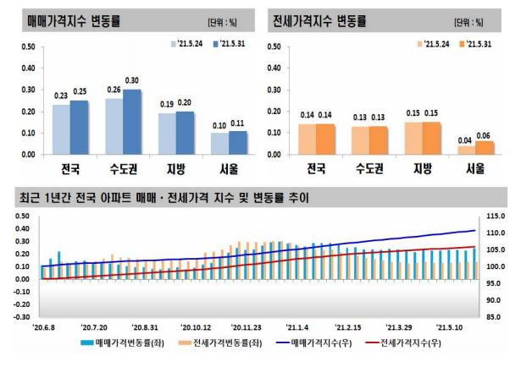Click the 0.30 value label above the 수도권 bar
[131, 80]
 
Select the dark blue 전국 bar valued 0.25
[79, 128]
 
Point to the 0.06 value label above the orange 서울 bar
[484, 133]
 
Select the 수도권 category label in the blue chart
[124, 167]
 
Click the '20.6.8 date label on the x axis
[44, 326]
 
